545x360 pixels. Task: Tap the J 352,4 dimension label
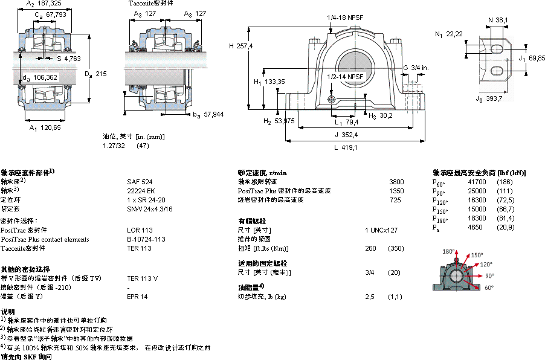(x=346, y=135)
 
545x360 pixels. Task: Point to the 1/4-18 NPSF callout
(x=344, y=18)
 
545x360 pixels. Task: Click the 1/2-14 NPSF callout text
(x=346, y=77)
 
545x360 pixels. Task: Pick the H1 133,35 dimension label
(x=269, y=82)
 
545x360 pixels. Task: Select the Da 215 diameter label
(x=95, y=74)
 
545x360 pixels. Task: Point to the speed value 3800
(x=396, y=181)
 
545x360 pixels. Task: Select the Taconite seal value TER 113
(x=139, y=248)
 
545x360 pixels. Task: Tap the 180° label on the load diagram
(x=448, y=251)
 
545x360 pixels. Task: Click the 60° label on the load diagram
(x=489, y=288)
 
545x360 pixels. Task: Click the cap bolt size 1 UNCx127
(x=381, y=230)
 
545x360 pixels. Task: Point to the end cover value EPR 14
(x=137, y=297)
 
